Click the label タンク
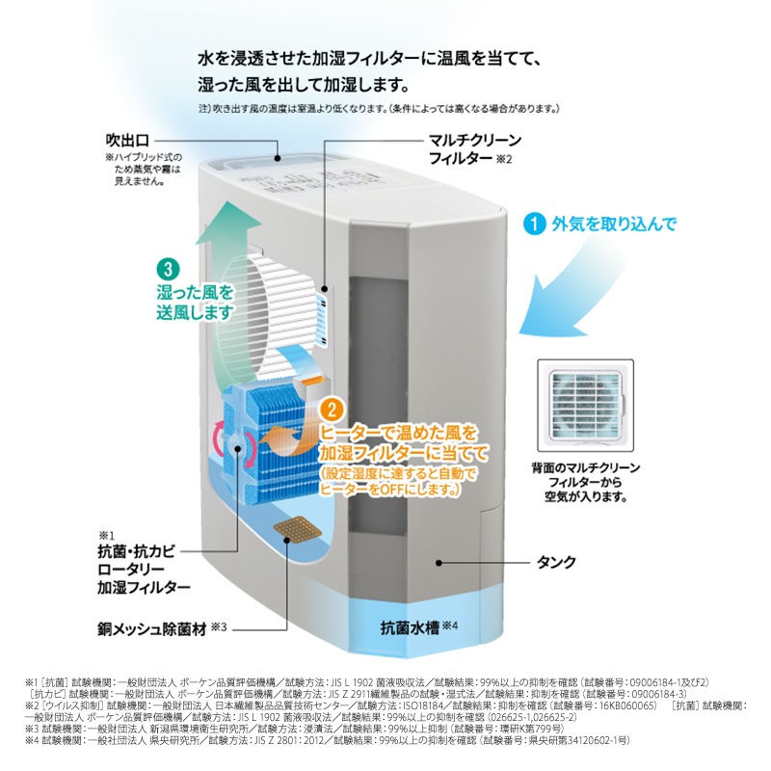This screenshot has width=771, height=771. pos(558,561)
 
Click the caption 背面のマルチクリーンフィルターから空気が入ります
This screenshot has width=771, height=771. pos(585,483)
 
